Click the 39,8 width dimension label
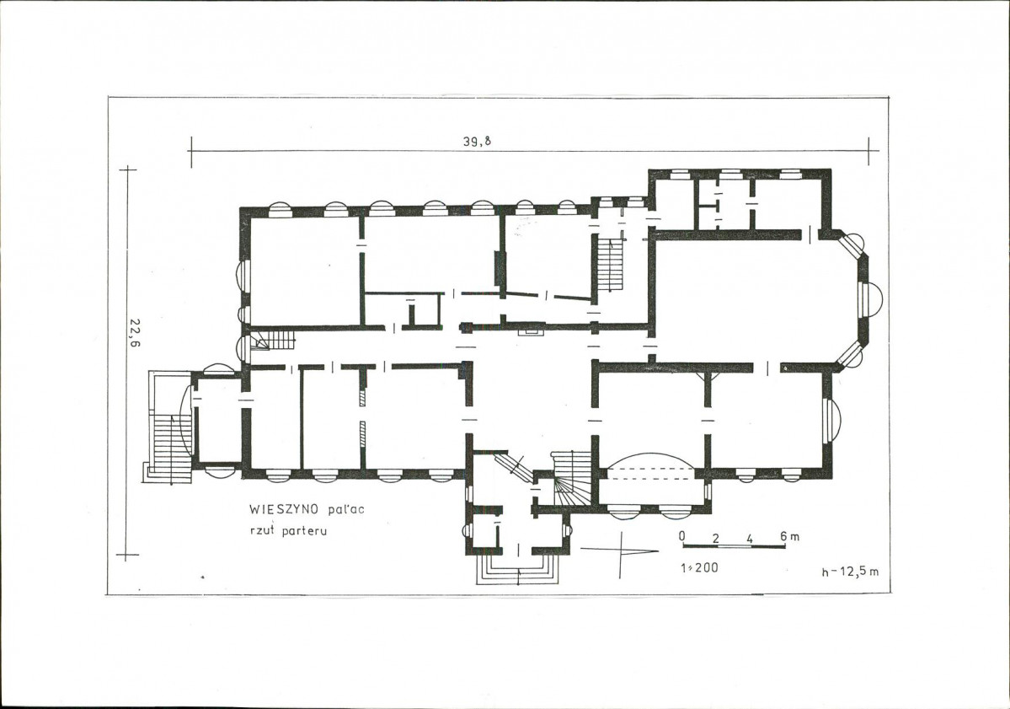pyautogui.click(x=477, y=142)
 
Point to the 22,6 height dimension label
pyautogui.click(x=135, y=333)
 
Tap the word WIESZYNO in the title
pyautogui.click(x=285, y=509)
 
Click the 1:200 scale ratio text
pyautogui.click(x=699, y=568)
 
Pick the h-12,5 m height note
pyautogui.click(x=850, y=572)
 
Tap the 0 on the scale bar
pyautogui.click(x=682, y=536)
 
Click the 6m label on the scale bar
pyautogui.click(x=789, y=536)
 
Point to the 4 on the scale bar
pyautogui.click(x=750, y=538)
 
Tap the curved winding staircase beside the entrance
pyautogui.click(x=572, y=478)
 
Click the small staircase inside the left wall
pyautogui.click(x=271, y=339)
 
